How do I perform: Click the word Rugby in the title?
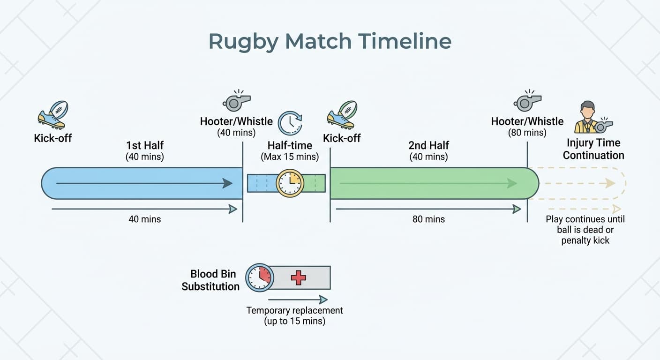pyautogui.click(x=242, y=41)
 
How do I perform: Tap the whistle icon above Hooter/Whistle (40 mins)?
pyautogui.click(x=237, y=101)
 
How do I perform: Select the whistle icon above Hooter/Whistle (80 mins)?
pyautogui.click(x=527, y=101)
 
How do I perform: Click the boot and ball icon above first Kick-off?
pyautogui.click(x=52, y=115)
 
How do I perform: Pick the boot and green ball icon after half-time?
pyautogui.click(x=342, y=115)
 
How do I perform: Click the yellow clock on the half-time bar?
pyautogui.click(x=290, y=183)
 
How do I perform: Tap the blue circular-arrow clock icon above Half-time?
pyautogui.click(x=290, y=123)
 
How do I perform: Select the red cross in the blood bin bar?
pyautogui.click(x=298, y=277)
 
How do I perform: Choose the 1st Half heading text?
pyautogui.click(x=145, y=145)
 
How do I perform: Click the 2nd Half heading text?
pyautogui.click(x=428, y=145)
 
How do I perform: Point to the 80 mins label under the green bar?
pyautogui.click(x=428, y=219)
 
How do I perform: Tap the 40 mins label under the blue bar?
pyautogui.click(x=145, y=219)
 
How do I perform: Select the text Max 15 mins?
pyautogui.click(x=290, y=157)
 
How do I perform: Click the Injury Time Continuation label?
pyautogui.click(x=593, y=149)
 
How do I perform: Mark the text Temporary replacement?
pyautogui.click(x=294, y=310)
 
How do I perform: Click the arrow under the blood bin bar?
pyautogui.click(x=298, y=300)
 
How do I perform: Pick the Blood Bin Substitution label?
pyautogui.click(x=210, y=280)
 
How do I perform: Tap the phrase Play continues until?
pyautogui.click(x=585, y=219)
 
